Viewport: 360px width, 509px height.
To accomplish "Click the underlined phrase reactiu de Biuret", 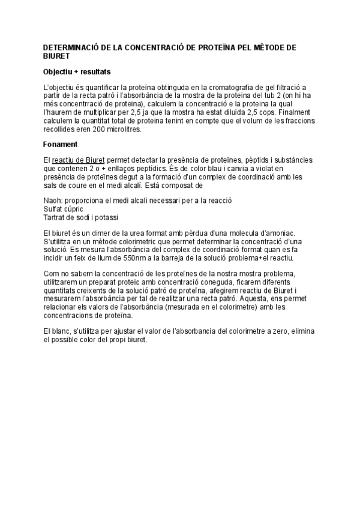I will [79, 160].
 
